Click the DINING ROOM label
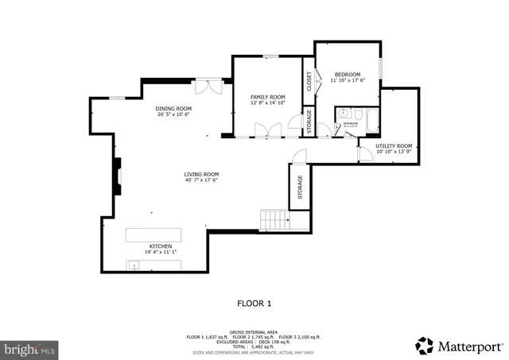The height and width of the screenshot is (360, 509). pos(173,108)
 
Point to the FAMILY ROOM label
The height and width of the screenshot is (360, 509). pos(267,97)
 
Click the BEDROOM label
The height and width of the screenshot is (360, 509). pos(348,75)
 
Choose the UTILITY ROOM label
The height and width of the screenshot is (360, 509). pos(394,146)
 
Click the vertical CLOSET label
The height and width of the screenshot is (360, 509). pos(309,82)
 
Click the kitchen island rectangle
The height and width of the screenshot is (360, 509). pos(153,235)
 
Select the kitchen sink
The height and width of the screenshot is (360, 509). pos(136,265)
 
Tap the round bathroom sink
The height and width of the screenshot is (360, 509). pos(342,113)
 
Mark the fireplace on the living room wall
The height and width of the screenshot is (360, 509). pos(117,176)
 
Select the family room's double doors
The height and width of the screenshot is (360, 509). pos(267,131)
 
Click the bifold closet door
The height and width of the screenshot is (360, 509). pos(317,79)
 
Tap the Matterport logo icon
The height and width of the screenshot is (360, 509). pos(424,346)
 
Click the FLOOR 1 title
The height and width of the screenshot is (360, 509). pos(254,303)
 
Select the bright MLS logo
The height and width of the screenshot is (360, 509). pos(30,348)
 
